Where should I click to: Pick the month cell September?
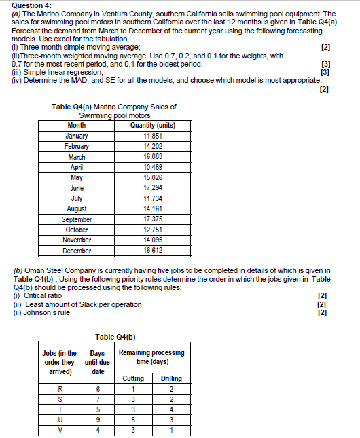point(77,219)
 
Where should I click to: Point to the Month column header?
point(77,126)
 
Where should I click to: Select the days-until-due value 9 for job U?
point(98,420)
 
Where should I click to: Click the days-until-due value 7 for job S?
point(98,399)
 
